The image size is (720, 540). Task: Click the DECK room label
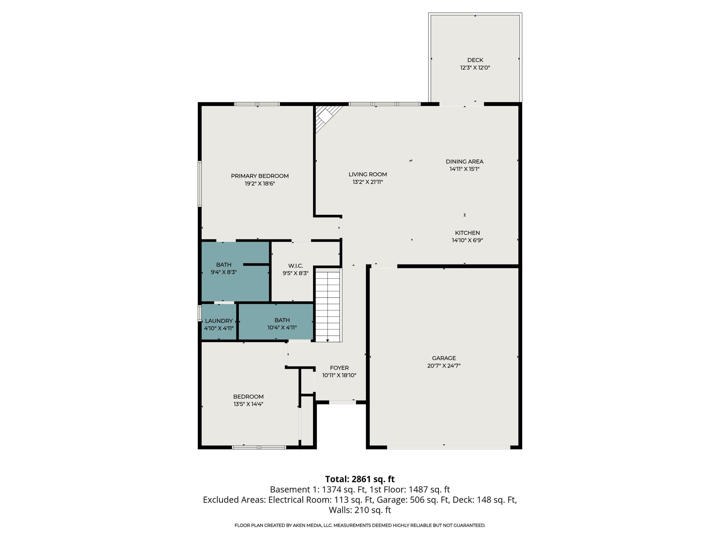point(475,60)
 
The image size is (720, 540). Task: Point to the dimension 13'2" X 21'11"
point(367,182)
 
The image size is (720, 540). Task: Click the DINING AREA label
point(464,162)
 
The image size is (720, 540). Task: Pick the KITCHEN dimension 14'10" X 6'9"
point(467,240)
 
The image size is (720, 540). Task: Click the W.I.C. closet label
point(295,266)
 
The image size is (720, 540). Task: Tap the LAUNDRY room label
point(219,321)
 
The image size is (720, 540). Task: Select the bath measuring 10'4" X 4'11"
point(282,324)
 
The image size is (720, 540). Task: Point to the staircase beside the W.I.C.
point(328,306)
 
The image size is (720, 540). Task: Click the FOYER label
point(339,368)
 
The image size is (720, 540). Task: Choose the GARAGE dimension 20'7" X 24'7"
point(444,366)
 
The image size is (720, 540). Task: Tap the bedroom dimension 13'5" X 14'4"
point(248,404)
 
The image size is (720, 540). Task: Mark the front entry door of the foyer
point(342,402)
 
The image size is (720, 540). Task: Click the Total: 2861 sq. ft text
point(360,479)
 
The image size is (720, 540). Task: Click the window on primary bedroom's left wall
point(200,184)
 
